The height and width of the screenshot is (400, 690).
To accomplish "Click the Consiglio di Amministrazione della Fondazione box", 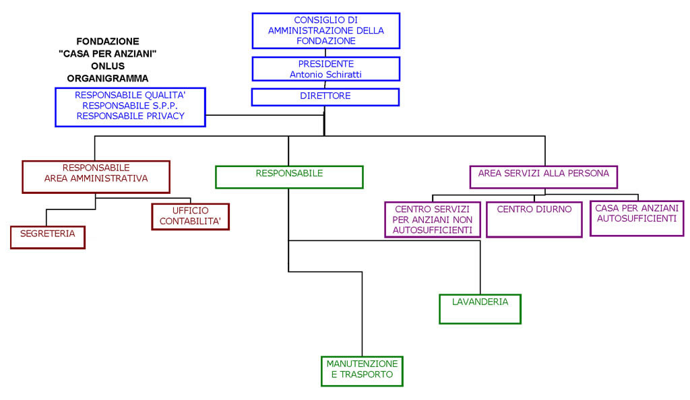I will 325,30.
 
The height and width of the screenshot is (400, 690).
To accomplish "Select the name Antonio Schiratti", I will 325,75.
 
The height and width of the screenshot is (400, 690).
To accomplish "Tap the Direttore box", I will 325,96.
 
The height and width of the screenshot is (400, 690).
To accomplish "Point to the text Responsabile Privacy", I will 130,116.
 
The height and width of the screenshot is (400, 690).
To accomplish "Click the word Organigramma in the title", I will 107,78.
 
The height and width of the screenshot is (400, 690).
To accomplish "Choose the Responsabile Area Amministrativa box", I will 96,176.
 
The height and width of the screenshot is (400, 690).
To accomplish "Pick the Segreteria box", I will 47,237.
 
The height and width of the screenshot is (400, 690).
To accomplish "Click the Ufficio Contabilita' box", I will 190,216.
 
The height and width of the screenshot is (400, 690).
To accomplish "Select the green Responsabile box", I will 289,176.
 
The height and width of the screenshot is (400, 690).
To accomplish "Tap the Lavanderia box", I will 480,308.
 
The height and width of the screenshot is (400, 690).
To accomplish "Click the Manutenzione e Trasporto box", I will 362,370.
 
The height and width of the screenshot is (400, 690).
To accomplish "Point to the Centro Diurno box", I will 534,219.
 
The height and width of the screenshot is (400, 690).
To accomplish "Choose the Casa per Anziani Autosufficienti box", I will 637,218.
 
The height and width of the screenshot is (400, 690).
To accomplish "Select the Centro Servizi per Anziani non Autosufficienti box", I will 433,220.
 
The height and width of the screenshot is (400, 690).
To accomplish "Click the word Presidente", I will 325,64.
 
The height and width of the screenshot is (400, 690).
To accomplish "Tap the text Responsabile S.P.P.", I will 130,106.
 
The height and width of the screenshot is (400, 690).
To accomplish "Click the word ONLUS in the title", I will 107,65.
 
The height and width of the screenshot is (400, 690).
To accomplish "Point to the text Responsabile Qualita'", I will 130,96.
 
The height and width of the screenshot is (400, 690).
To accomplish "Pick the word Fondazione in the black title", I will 107,40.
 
